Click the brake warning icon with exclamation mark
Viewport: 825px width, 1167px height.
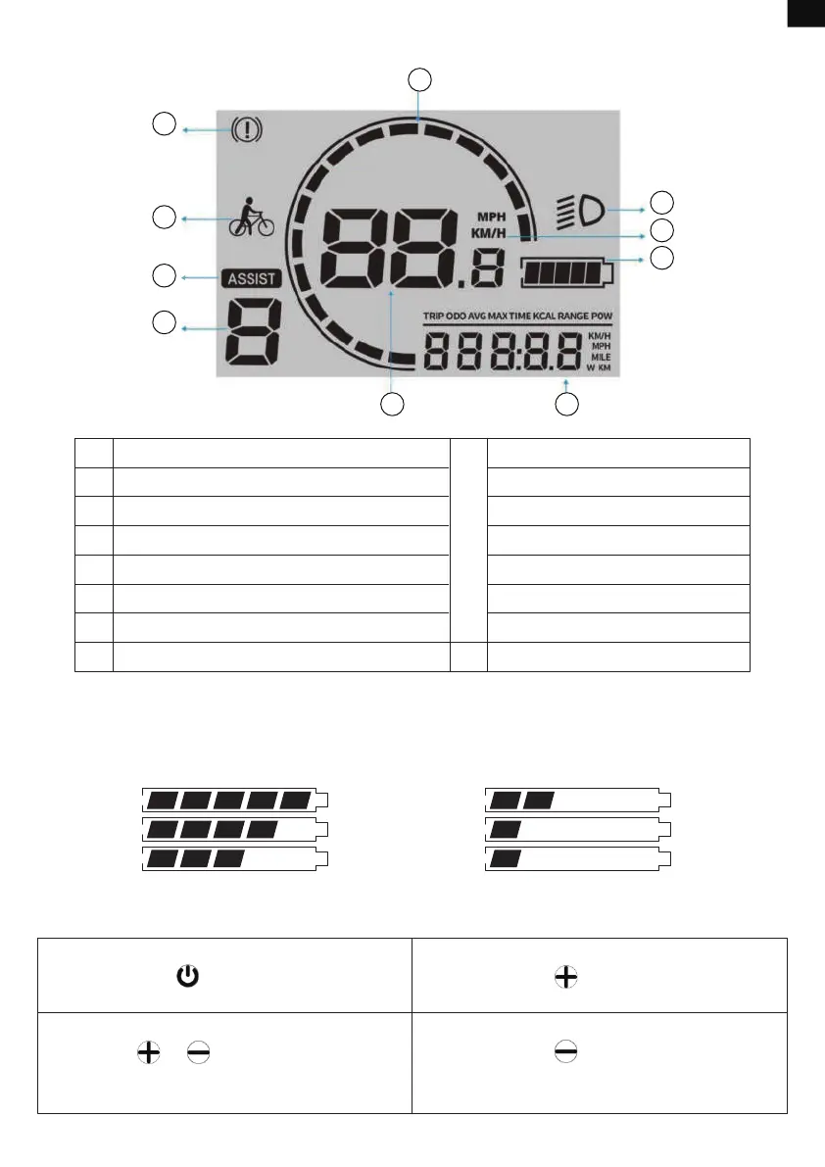click(245, 130)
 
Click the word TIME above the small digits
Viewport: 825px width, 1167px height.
click(518, 316)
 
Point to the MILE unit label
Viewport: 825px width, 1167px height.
click(601, 357)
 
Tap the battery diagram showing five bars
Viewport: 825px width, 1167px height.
click(234, 799)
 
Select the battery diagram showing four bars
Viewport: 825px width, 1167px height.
click(234, 829)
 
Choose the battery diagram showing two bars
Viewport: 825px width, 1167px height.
click(578, 799)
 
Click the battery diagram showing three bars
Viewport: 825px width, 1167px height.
click(234, 859)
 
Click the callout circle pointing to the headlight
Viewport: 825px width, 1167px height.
click(663, 204)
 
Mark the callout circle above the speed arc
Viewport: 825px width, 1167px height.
click(420, 79)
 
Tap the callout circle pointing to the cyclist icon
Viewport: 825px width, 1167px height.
click(164, 218)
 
